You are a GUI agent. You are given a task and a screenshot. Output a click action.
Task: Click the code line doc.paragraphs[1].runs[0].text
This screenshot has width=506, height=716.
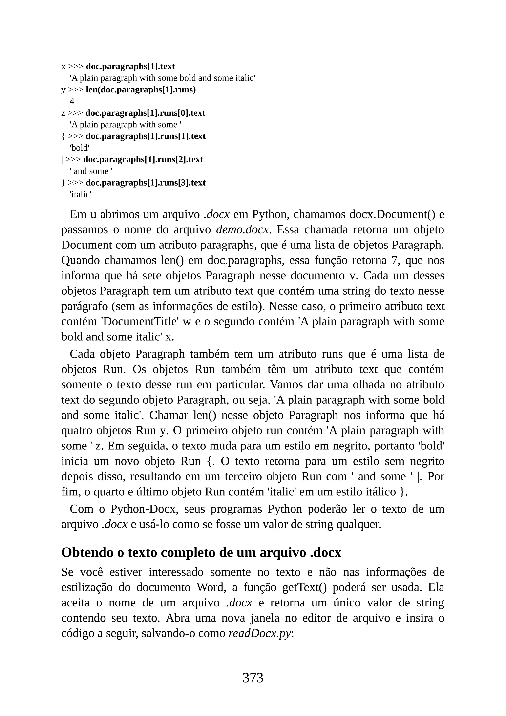pos(145,113)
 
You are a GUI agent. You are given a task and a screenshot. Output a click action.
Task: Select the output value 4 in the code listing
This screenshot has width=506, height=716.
pos(72,101)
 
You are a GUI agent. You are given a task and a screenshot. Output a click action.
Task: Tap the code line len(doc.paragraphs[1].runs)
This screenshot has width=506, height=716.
pos(141,90)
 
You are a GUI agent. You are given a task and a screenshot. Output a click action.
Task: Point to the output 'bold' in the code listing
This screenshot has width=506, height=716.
pos(80,148)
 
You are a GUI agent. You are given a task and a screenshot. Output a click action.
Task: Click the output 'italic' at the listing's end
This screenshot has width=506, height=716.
pos(81,195)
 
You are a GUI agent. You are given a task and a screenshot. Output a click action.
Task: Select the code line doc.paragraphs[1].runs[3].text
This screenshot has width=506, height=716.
pos(146,183)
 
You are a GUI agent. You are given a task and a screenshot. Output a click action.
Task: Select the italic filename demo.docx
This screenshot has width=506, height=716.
pos(242,230)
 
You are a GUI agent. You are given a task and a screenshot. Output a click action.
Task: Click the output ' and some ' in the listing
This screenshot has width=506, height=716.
pos(91,171)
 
